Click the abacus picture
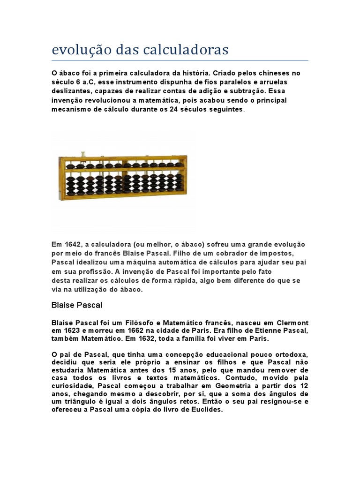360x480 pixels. tap(122, 180)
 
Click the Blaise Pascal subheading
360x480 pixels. tap(76, 305)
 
